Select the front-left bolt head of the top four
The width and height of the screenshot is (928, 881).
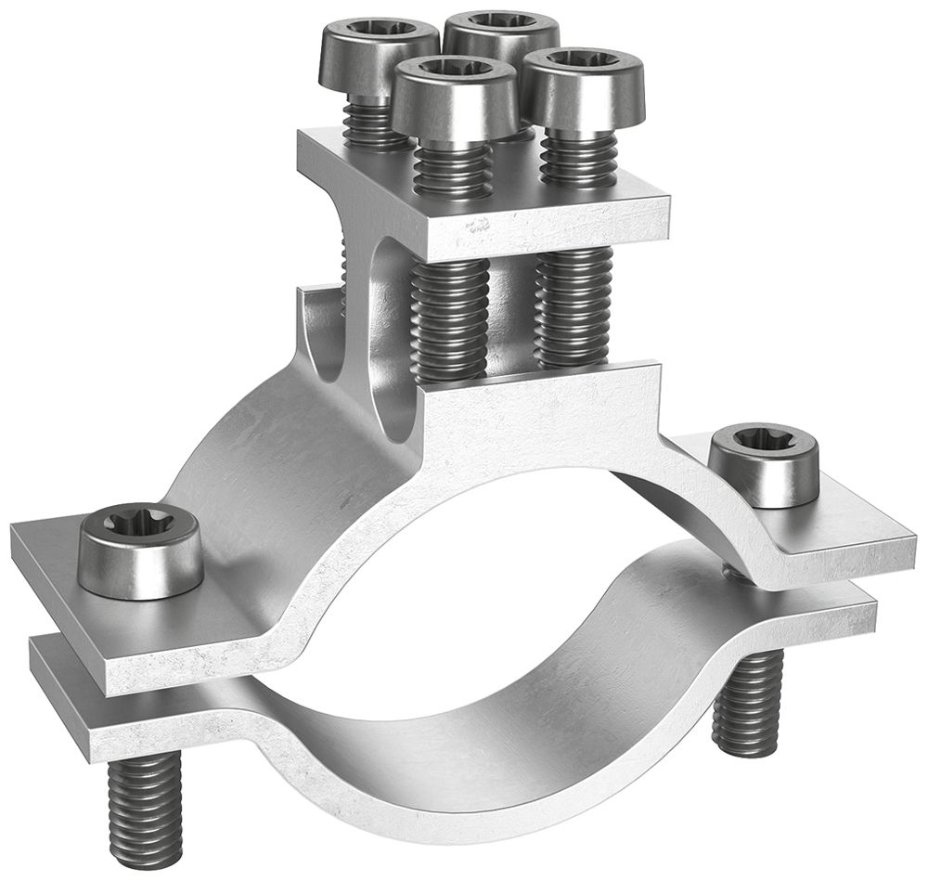[453, 93]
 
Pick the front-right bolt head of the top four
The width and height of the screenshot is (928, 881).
[583, 84]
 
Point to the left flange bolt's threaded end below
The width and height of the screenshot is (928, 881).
[147, 808]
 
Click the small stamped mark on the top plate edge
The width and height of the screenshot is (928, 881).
[479, 225]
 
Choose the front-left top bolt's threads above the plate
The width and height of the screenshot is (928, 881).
[452, 167]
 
